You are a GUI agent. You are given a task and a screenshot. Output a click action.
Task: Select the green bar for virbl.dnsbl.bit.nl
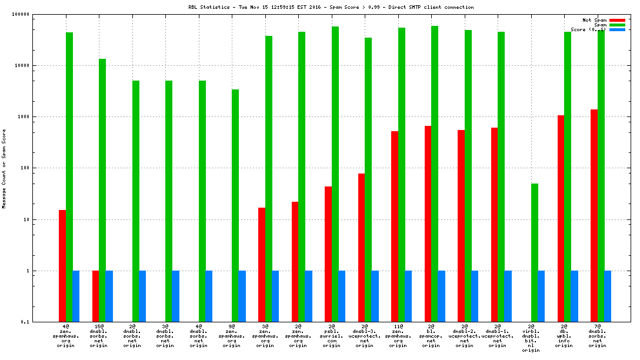[534, 253]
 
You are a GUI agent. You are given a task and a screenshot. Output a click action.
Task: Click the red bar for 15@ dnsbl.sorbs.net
[95, 296]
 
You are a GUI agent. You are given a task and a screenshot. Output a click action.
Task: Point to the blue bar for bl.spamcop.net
[441, 296]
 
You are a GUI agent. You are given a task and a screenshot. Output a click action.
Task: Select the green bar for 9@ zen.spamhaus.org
[235, 206]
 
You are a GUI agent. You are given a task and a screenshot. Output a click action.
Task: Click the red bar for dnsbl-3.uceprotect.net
[361, 248]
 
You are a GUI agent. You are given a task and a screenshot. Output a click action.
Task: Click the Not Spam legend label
[595, 20]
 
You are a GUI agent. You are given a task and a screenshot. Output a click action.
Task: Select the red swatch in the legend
[617, 20]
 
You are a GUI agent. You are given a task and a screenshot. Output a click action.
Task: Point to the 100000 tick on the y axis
[36, 14]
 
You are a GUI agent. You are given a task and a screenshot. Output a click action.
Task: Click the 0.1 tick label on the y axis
[41, 322]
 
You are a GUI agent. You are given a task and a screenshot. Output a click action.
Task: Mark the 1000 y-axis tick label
[39, 117]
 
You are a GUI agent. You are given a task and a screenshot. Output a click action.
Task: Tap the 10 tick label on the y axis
[42, 219]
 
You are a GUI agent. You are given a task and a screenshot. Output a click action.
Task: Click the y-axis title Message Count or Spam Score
[4, 168]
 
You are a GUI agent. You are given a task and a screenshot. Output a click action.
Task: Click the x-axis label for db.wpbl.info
[564, 335]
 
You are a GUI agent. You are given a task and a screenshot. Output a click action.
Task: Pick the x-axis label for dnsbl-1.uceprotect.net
[498, 335]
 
